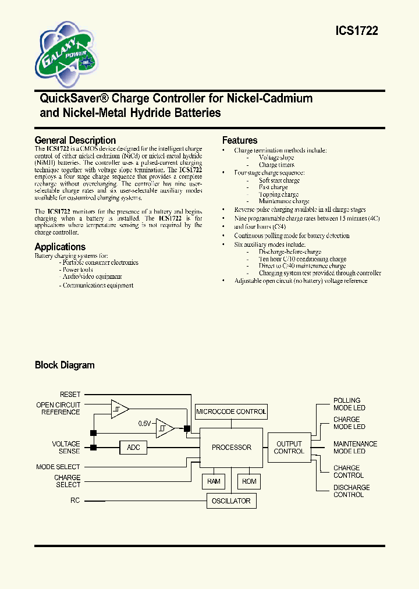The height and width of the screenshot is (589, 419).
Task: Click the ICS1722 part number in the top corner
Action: [x=357, y=31]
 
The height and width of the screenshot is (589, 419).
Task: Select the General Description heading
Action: [x=75, y=140]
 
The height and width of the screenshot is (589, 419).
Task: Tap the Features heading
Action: [x=240, y=140]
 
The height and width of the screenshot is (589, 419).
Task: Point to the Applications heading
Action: [x=60, y=247]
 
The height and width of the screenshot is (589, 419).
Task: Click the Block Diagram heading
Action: [x=65, y=366]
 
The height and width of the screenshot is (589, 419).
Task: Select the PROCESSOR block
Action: [x=231, y=448]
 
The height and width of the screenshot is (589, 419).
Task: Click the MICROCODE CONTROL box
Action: [x=231, y=411]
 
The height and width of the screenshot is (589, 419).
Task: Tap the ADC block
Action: [x=133, y=448]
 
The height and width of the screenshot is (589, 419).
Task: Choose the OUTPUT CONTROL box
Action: [x=289, y=448]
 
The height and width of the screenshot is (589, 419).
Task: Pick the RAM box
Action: [x=214, y=481]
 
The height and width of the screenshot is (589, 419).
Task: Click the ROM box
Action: [x=249, y=481]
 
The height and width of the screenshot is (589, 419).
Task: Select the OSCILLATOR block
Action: [x=231, y=501]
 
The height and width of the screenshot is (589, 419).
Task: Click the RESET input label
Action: [x=70, y=395]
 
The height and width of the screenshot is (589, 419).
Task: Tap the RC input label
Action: [x=75, y=501]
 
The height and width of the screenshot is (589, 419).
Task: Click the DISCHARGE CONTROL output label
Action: [x=351, y=491]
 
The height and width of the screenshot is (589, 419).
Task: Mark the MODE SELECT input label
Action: [x=58, y=467]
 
